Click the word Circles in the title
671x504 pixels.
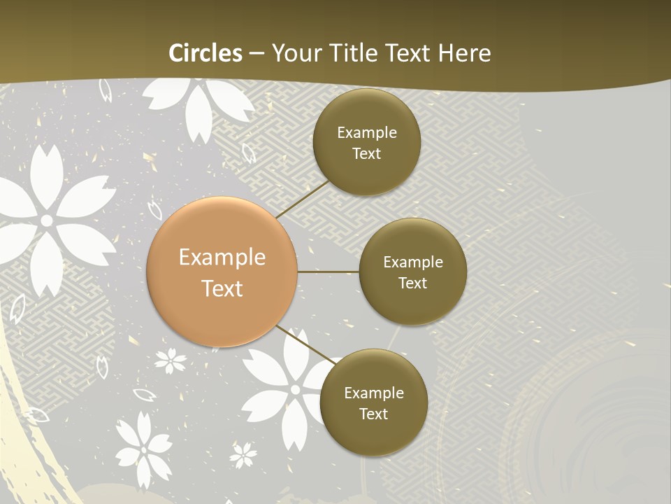(205, 53)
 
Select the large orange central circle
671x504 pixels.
(222, 272)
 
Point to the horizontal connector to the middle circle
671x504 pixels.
(328, 272)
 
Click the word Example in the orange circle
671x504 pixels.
(222, 257)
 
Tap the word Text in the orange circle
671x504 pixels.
(222, 288)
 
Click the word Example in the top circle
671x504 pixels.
(366, 133)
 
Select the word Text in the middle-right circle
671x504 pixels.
(412, 283)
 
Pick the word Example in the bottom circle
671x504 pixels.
(373, 393)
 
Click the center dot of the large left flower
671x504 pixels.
(47, 220)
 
